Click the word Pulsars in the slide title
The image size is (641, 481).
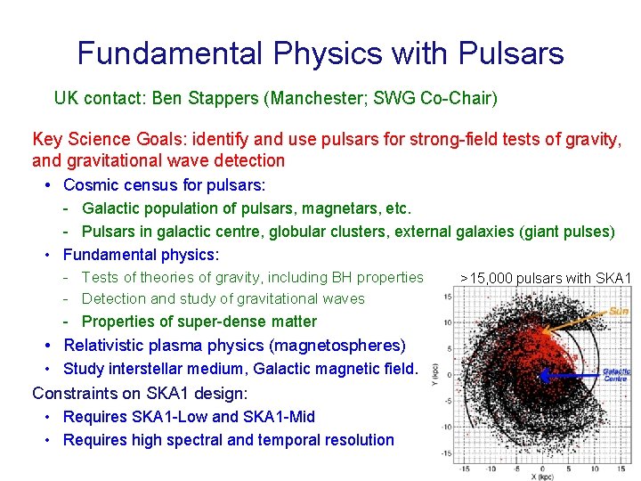click(511, 53)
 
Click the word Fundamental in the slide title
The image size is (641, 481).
click(170, 53)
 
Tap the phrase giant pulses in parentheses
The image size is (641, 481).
click(567, 232)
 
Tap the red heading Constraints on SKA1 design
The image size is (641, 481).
click(140, 393)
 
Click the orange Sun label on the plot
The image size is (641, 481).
click(619, 311)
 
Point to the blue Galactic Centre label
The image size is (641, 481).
click(616, 375)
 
